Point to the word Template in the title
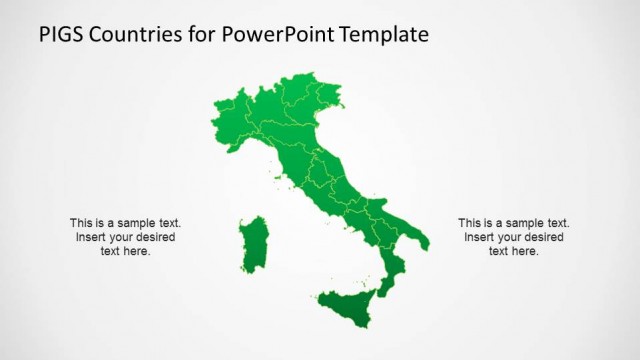[x=384, y=34]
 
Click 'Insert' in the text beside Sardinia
[x=92, y=237]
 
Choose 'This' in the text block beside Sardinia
[x=81, y=223]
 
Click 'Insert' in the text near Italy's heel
[x=480, y=237]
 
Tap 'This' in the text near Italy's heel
[x=470, y=223]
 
